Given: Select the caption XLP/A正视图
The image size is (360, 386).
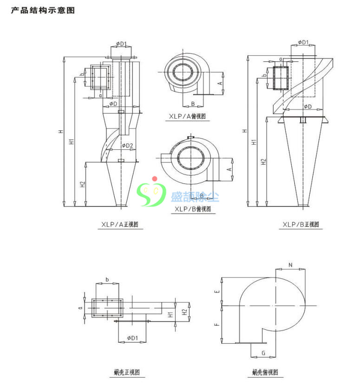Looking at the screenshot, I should click(120, 225).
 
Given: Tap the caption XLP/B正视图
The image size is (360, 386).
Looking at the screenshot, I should click(301, 225).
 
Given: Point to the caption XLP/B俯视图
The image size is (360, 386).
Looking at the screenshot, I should click(192, 209).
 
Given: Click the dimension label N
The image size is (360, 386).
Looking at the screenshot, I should click(290, 265).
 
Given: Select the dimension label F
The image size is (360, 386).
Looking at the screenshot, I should click(217, 324).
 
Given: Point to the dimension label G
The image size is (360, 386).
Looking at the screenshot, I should click(263, 353).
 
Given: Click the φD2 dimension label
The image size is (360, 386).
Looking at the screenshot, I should click(127, 146).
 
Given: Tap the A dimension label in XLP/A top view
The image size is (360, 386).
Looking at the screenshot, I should click(220, 83).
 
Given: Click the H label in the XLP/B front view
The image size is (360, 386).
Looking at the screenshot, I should click(244, 131).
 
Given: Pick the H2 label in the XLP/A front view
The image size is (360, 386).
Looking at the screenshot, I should click(82, 184).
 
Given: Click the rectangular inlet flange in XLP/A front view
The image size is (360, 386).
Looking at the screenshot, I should click(99, 77).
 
